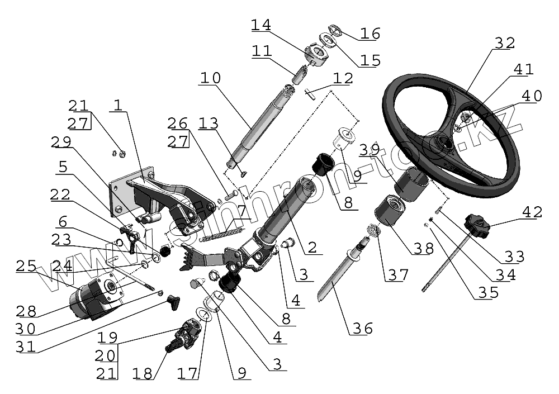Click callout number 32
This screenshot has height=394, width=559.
pyautogui.click(x=504, y=43)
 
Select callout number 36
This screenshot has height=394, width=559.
pyautogui.click(x=362, y=328)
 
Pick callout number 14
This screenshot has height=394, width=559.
pyautogui.click(x=260, y=25)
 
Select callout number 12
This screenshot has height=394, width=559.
pyautogui.click(x=343, y=78)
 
